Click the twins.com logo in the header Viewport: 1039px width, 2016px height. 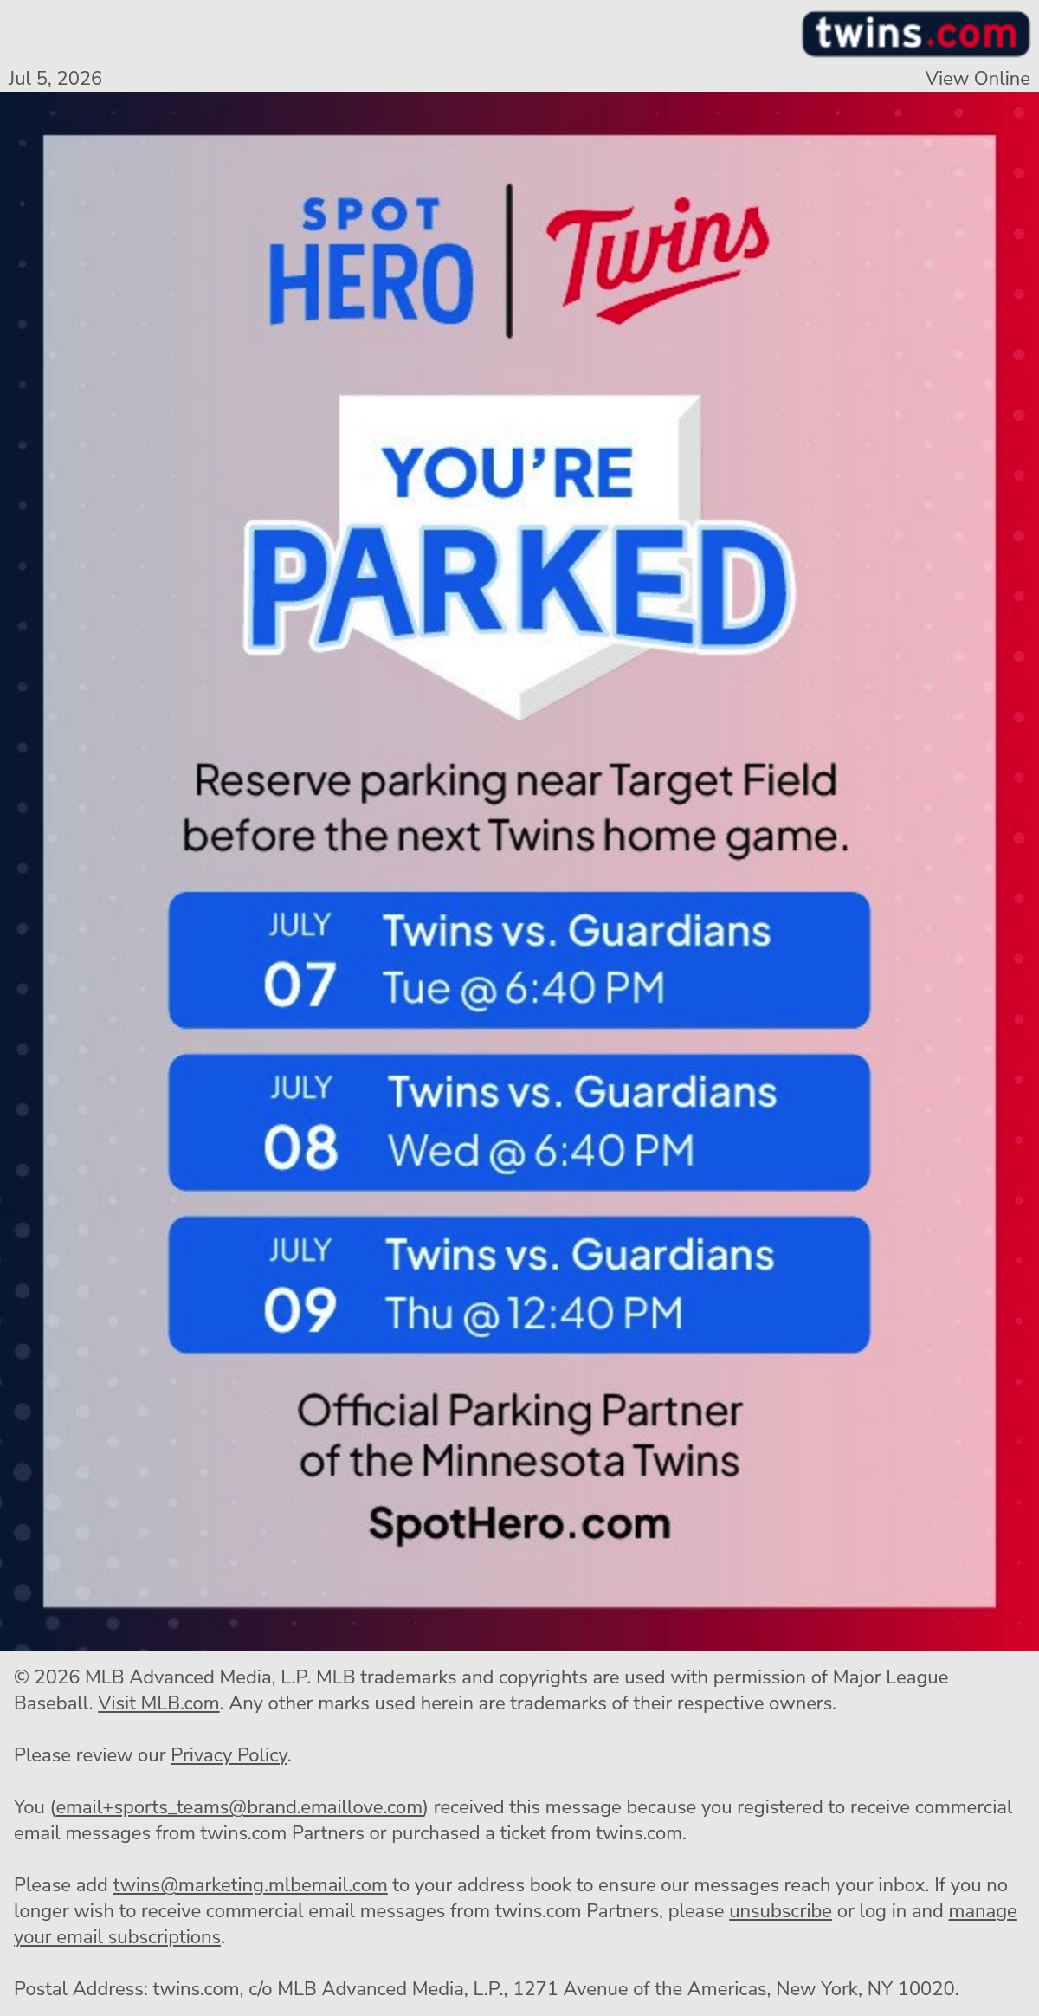point(915,35)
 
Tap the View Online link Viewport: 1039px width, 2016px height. point(978,78)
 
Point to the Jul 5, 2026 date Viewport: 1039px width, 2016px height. point(55,78)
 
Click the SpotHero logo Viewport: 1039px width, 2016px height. point(371,261)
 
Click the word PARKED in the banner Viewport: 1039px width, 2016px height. point(519,587)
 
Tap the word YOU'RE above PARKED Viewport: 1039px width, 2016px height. point(508,473)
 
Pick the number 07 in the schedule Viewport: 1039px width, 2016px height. point(300,985)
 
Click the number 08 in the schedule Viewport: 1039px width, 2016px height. point(300,1147)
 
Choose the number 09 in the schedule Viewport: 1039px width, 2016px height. point(300,1309)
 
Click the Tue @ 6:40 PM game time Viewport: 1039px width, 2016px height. point(524,988)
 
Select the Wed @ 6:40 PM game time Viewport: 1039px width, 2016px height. point(541,1151)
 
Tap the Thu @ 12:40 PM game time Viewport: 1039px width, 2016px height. point(534,1314)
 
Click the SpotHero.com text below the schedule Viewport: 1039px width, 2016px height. point(519,1523)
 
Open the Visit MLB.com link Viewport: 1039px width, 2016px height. point(158,1703)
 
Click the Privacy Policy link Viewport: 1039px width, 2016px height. point(229,1755)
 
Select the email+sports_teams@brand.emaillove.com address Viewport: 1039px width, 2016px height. point(239,1807)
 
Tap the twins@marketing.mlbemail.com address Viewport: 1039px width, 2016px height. point(250,1885)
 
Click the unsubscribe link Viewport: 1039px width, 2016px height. point(780,1911)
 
